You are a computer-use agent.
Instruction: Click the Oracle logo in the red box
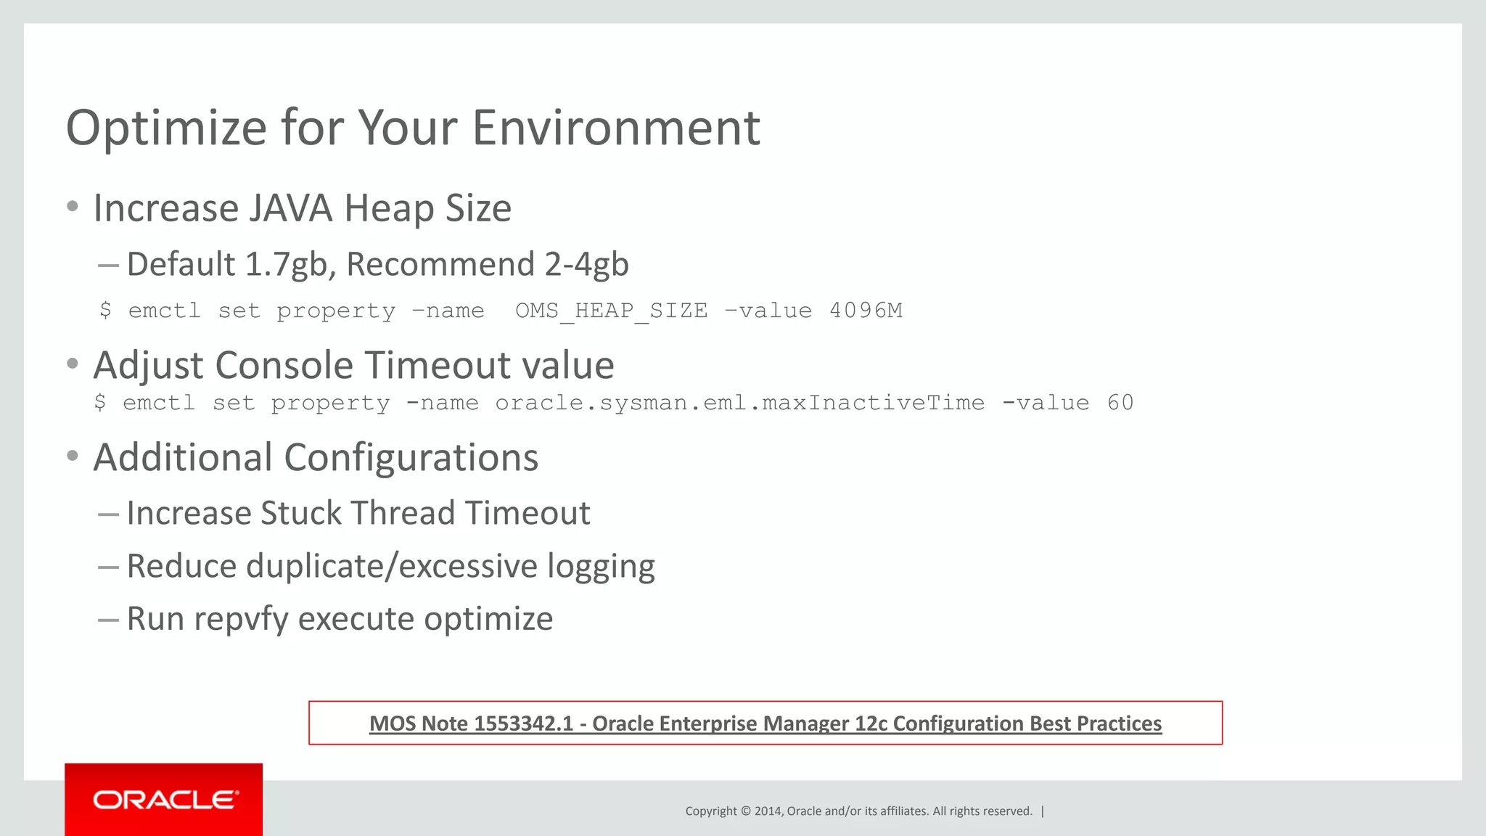tap(165, 800)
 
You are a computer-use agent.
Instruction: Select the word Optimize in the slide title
tap(166, 128)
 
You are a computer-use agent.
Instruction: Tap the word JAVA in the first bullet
tap(291, 208)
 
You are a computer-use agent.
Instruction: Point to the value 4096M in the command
tap(866, 311)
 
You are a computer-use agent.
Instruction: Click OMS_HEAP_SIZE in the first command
tap(611, 311)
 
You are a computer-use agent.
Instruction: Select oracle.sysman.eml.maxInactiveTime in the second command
tap(739, 403)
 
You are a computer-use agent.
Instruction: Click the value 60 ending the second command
tap(1120, 403)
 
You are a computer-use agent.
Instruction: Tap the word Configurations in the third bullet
tap(411, 458)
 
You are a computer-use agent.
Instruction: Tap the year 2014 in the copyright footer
tap(768, 811)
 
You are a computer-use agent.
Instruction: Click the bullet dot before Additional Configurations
tap(72, 456)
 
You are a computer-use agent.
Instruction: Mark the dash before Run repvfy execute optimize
tap(108, 620)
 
